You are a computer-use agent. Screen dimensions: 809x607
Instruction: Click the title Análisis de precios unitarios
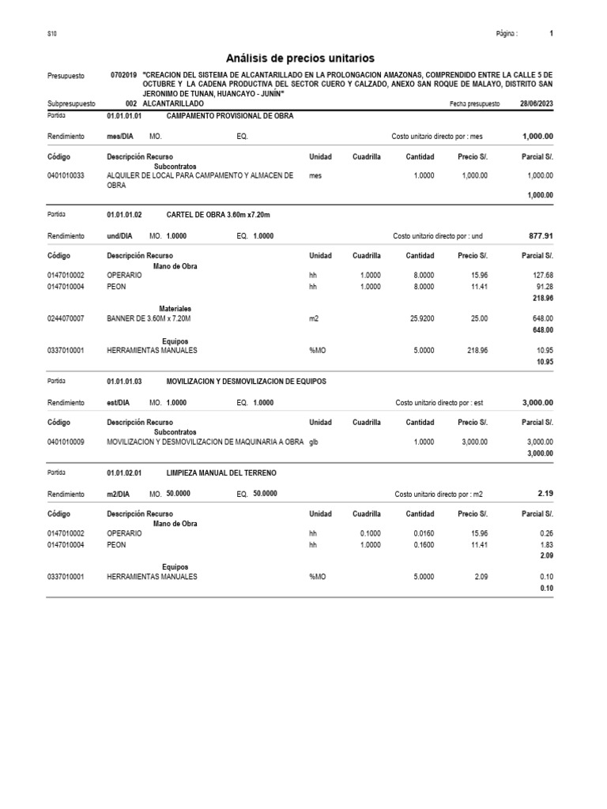pos(300,58)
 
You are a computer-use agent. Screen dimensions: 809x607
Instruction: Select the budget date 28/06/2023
pos(537,104)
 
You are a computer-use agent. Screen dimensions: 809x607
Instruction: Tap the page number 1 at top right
pos(551,34)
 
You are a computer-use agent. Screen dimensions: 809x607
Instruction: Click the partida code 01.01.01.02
pos(124,215)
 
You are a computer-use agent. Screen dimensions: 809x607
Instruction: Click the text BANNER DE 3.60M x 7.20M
pos(149,318)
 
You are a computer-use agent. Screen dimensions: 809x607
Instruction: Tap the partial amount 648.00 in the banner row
pos(541,318)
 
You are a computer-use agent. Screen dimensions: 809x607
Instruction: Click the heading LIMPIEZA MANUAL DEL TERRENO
pos(221,472)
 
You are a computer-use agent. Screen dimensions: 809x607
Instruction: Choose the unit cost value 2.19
pos(545,493)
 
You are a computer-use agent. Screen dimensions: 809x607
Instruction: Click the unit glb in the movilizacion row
pos(315,442)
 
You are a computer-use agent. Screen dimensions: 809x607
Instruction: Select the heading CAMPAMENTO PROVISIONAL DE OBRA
pos(230,116)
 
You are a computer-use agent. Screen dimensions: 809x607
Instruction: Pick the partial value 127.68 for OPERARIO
pos(541,276)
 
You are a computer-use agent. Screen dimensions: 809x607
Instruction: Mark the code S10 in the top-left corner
pos(52,34)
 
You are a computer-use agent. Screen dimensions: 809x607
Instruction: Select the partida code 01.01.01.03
pos(124,381)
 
